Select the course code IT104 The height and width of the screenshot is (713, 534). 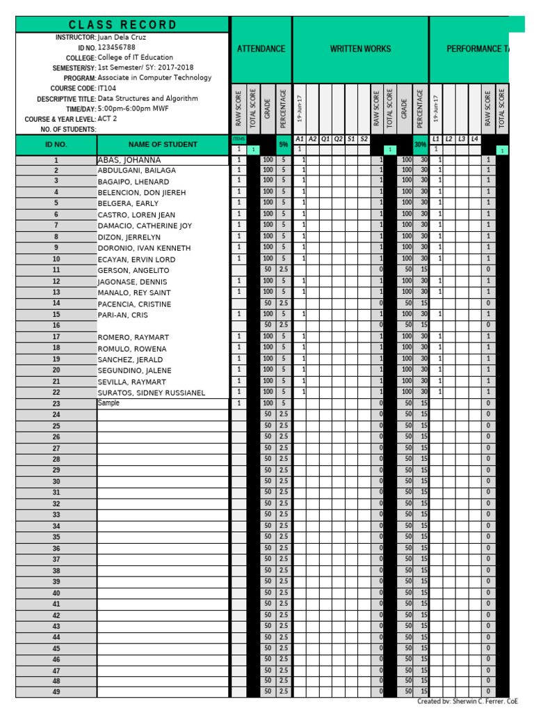[106, 88]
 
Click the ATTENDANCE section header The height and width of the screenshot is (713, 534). [261, 49]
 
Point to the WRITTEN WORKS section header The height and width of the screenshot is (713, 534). [360, 49]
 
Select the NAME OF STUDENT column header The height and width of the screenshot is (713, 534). [163, 145]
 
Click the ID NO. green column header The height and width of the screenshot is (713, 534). [56, 145]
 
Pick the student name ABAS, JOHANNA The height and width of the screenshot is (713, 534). [129, 160]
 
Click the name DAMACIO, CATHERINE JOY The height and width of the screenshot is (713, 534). [144, 226]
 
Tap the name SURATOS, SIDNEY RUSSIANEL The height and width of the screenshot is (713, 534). [152, 393]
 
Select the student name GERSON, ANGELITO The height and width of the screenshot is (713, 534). [134, 270]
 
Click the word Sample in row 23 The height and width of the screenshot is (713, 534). [108, 403]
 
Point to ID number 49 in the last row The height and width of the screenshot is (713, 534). [56, 692]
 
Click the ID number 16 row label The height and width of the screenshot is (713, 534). [56, 325]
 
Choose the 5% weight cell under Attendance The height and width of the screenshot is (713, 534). [283, 145]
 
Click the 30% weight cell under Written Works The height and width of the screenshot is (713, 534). [420, 145]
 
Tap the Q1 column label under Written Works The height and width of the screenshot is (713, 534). [325, 139]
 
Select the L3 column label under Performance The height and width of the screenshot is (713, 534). [462, 139]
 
